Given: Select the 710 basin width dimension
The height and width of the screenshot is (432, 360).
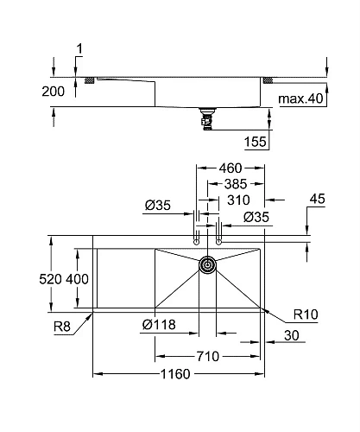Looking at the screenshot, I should (x=209, y=354).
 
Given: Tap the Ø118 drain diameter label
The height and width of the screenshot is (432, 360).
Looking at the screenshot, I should (x=159, y=325).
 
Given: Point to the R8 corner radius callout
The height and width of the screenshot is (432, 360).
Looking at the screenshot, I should (x=61, y=325).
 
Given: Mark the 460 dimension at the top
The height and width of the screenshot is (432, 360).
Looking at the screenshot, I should (x=229, y=168).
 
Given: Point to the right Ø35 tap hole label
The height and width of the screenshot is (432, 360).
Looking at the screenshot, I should (x=257, y=216).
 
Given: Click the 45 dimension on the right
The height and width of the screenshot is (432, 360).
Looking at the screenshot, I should (x=317, y=199).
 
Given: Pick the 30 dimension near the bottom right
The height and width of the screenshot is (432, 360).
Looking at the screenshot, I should (x=291, y=336).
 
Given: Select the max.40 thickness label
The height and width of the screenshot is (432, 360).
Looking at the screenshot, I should (x=300, y=98).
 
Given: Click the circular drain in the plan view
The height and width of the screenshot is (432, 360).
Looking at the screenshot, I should (x=208, y=265).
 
